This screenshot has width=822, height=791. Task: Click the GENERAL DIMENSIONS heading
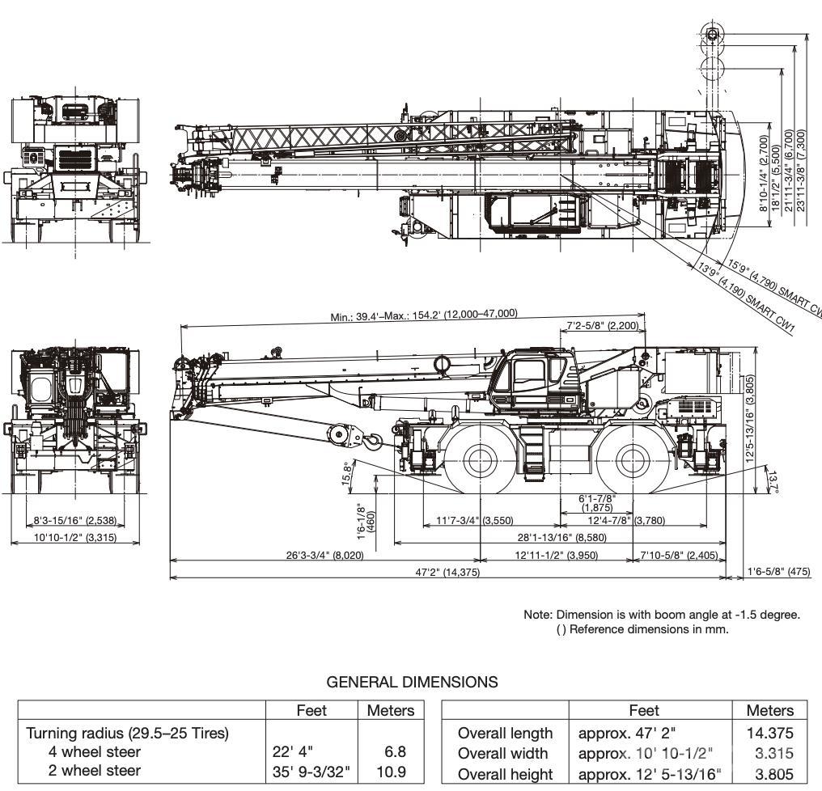coord(412,682)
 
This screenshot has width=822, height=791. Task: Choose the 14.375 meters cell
coord(769,734)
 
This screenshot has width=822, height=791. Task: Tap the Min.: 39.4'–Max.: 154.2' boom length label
coord(424,314)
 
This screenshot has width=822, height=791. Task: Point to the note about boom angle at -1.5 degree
coord(662,615)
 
